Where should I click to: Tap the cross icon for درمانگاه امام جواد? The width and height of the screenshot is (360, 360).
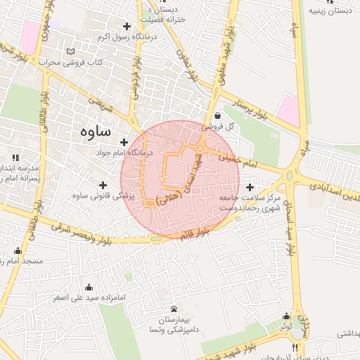(x=125, y=142)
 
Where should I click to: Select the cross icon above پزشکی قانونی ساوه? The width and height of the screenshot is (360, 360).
(x=103, y=184)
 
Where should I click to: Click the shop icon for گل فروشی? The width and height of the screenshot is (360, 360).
(x=217, y=116)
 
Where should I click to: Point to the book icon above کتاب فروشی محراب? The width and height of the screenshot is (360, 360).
(x=70, y=51)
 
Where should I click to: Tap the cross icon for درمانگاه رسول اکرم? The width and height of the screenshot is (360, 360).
(x=127, y=26)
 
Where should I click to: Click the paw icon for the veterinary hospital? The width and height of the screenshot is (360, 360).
(x=174, y=309)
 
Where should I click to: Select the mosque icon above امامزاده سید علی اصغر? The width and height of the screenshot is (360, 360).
(x=89, y=287)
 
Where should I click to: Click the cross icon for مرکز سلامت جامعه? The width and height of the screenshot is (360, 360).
(x=251, y=187)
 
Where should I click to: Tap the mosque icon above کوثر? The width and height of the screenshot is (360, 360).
(x=285, y=316)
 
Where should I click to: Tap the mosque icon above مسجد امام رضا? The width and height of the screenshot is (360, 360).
(x=18, y=251)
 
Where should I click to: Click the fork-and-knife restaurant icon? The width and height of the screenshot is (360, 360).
(x=295, y=347)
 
